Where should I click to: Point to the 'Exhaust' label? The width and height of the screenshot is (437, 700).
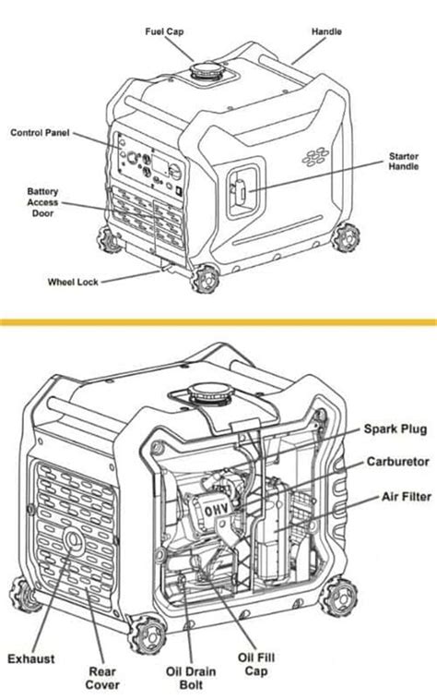pos(30,658)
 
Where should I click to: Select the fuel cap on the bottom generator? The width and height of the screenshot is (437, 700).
pos(210,392)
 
